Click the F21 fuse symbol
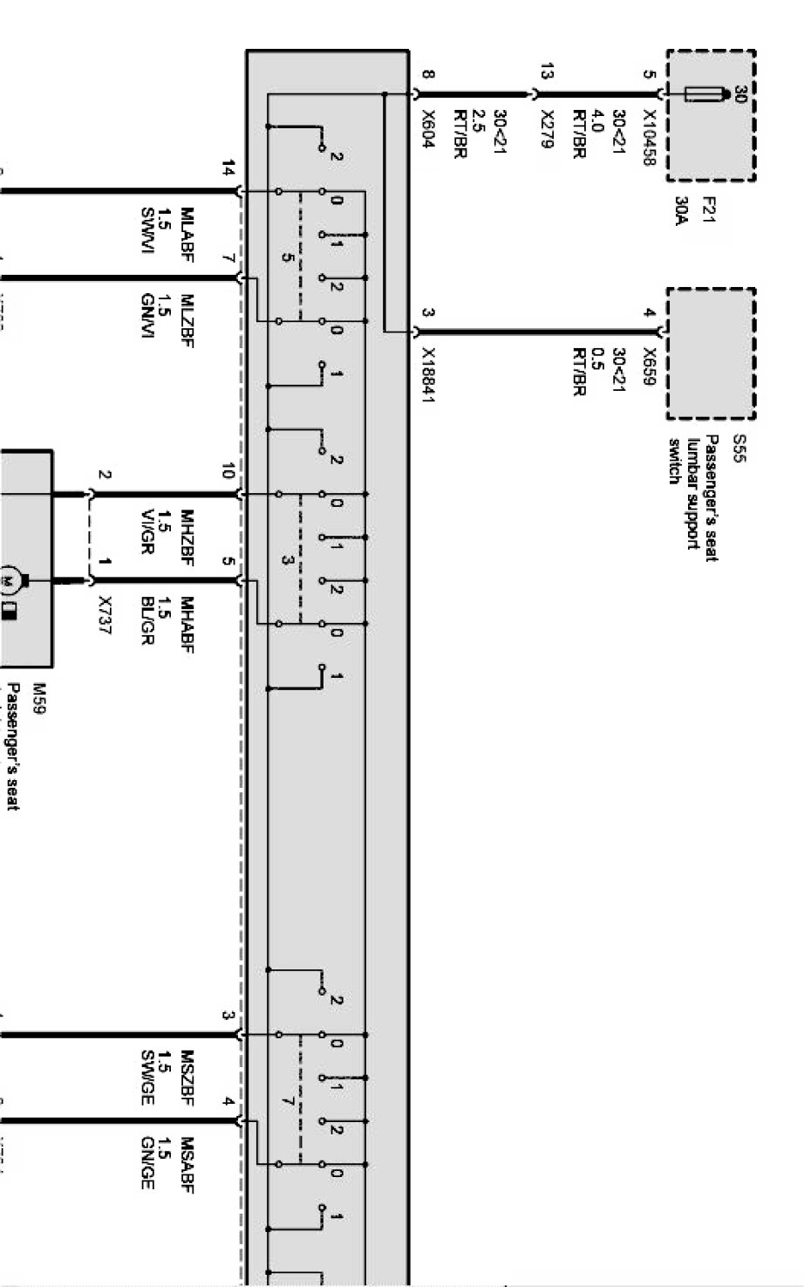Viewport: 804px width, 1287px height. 702,94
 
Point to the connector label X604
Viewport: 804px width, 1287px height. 428,129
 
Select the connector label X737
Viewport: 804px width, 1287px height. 106,615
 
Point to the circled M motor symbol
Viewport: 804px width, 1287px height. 10,579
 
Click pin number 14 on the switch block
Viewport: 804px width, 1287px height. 228,168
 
